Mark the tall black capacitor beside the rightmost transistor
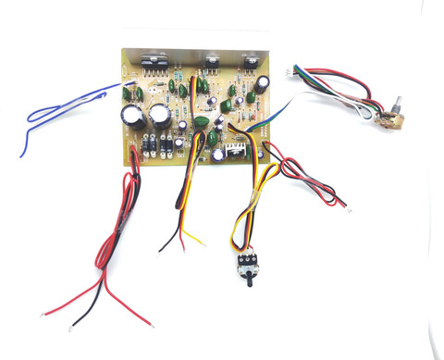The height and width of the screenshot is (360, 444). pyautogui.click(x=265, y=84)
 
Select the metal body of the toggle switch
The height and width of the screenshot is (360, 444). pyautogui.click(x=245, y=265)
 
